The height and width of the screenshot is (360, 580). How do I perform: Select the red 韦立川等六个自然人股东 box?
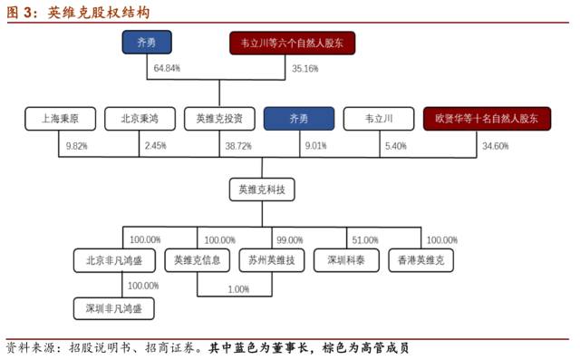(292, 43)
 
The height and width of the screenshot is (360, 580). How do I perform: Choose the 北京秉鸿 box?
(136, 118)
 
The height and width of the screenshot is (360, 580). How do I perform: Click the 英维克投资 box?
(217, 118)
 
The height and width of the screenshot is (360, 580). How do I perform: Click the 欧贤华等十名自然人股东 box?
(486, 118)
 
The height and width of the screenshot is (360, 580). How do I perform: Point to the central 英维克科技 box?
(263, 190)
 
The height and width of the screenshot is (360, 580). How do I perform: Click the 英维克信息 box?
(198, 260)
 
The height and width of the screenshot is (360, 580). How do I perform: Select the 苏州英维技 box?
(270, 260)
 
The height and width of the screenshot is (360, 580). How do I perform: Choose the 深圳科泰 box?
(345, 260)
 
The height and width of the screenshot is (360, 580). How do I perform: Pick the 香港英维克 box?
(421, 260)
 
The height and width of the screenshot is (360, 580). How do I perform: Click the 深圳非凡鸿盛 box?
(113, 308)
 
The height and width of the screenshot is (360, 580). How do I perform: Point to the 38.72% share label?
(238, 146)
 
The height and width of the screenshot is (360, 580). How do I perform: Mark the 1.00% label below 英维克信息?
(238, 289)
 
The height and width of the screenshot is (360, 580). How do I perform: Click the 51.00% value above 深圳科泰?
(365, 240)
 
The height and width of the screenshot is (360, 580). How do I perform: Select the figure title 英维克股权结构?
(100, 12)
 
